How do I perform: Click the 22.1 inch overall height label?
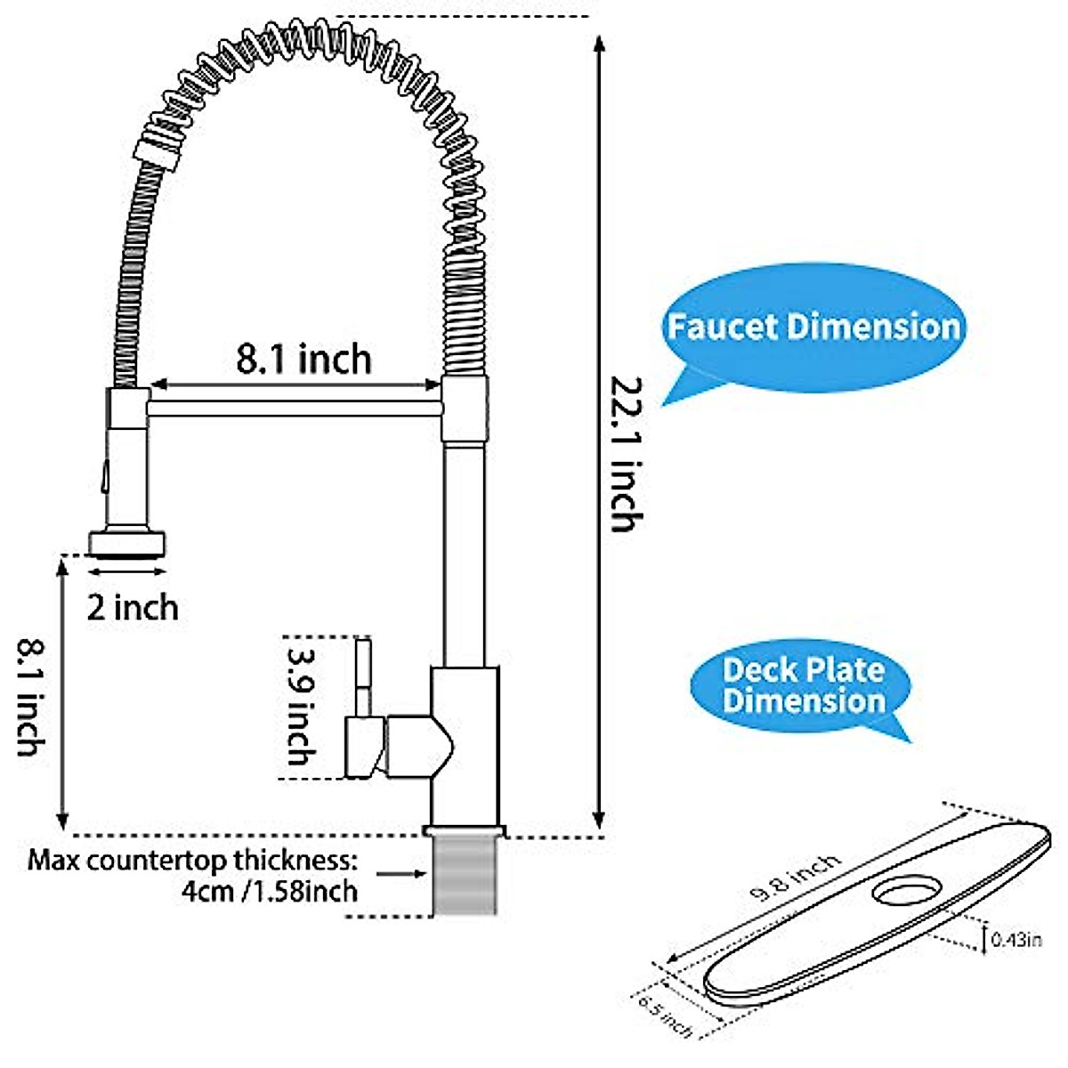(622, 454)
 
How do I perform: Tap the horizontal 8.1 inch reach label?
(303, 359)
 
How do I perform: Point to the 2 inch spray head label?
(133, 608)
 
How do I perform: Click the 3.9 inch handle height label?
(300, 707)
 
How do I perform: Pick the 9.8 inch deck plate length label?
(795, 878)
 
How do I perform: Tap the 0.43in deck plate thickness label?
(1015, 938)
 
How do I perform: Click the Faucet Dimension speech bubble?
(812, 327)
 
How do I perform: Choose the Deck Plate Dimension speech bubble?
(803, 684)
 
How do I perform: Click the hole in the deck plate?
(906, 889)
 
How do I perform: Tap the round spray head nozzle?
(127, 542)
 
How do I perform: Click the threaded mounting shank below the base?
(465, 877)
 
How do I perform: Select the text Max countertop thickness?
(192, 861)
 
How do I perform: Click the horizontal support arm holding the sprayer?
(294, 408)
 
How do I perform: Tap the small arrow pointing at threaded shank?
(400, 875)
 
